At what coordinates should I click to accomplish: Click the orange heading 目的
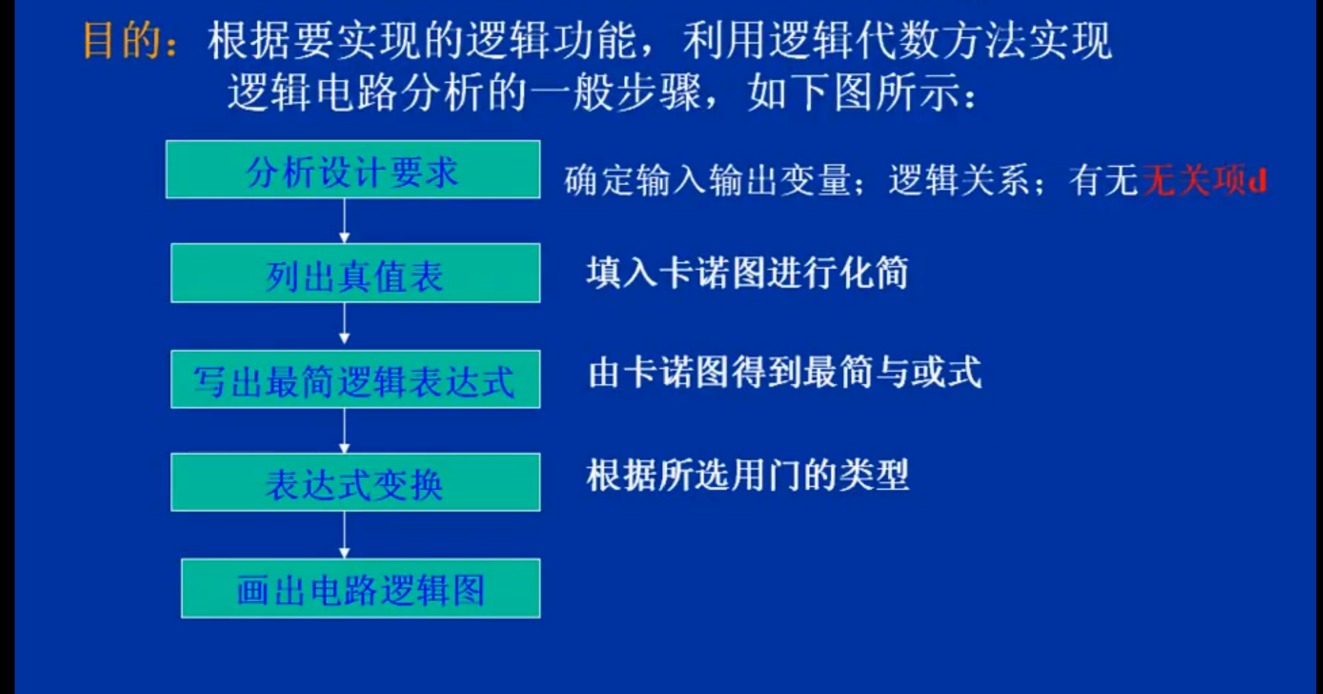121,41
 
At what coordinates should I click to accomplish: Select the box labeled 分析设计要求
353,169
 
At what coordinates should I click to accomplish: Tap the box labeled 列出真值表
355,273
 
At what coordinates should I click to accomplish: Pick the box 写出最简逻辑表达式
355,379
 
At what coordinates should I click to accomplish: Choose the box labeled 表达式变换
355,482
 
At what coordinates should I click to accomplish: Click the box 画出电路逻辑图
361,588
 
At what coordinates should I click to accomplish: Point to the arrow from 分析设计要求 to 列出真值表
344,220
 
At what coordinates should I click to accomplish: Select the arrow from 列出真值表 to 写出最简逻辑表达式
344,323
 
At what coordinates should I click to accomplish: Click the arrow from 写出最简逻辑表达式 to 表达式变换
344,430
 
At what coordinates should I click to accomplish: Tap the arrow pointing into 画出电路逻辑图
344,535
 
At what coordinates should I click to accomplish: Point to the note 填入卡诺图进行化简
747,272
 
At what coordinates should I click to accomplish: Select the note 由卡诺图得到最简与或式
785,372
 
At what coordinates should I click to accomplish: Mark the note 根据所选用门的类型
747,475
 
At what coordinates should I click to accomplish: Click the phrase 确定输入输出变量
708,180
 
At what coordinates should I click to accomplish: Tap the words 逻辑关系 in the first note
959,180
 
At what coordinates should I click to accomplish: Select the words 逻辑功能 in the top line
552,41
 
